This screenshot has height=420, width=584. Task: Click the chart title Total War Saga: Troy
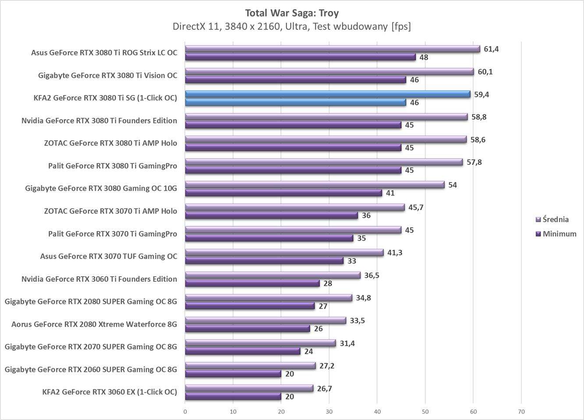(x=292, y=13)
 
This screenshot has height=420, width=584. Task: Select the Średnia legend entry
(x=555, y=219)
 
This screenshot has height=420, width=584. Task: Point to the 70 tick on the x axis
(x=521, y=412)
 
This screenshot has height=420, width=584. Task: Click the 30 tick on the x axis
(x=329, y=412)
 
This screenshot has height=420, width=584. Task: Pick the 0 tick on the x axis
(x=185, y=412)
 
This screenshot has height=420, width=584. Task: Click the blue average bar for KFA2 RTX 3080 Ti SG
(x=327, y=94)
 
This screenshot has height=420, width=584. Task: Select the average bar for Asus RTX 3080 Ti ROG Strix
(x=332, y=49)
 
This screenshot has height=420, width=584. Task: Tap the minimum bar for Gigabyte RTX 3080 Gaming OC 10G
(x=283, y=193)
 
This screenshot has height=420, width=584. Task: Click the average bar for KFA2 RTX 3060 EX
(x=249, y=388)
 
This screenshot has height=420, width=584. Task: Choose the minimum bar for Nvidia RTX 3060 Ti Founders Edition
(x=252, y=283)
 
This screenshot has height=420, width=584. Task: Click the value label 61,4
(x=491, y=49)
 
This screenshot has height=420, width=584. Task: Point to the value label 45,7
(x=416, y=207)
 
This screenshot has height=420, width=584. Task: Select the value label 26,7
(x=325, y=388)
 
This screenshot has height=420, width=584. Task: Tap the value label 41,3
(x=395, y=253)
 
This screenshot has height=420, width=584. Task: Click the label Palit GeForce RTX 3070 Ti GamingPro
(x=113, y=234)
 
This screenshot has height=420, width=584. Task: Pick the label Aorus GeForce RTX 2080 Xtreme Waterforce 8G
(x=94, y=324)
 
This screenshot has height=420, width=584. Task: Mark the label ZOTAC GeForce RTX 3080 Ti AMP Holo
(x=110, y=143)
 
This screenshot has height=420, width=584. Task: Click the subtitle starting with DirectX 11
(x=292, y=26)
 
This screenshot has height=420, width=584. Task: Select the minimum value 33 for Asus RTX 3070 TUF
(x=351, y=261)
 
